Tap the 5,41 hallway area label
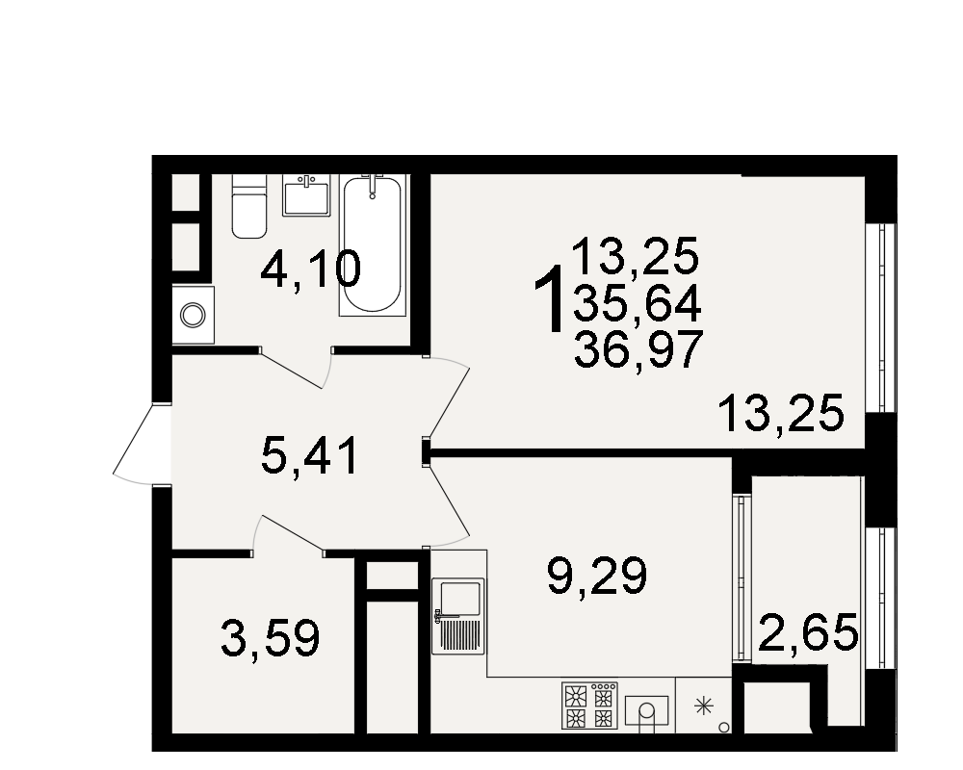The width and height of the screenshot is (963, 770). pos(309,457)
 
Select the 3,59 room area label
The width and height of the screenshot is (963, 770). pos(271,638)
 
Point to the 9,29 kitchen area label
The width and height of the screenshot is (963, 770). pos(597,576)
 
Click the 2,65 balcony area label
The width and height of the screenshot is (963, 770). pos(808,632)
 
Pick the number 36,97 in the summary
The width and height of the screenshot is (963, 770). pos(638,348)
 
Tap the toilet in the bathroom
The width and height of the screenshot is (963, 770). pos(249,206)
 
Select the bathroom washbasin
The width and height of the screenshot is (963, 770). pos(306,195)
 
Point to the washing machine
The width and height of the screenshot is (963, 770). pos(193,315)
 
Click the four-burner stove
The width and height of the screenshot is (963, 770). pos(589,706)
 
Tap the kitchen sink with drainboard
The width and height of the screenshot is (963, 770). pos(458,616)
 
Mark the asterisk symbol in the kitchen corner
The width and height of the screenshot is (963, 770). pos(704,706)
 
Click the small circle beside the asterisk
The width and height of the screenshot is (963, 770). pos(724,728)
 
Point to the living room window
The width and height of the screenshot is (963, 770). pos(881,317)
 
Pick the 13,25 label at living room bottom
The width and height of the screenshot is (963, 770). pos(781,415)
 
